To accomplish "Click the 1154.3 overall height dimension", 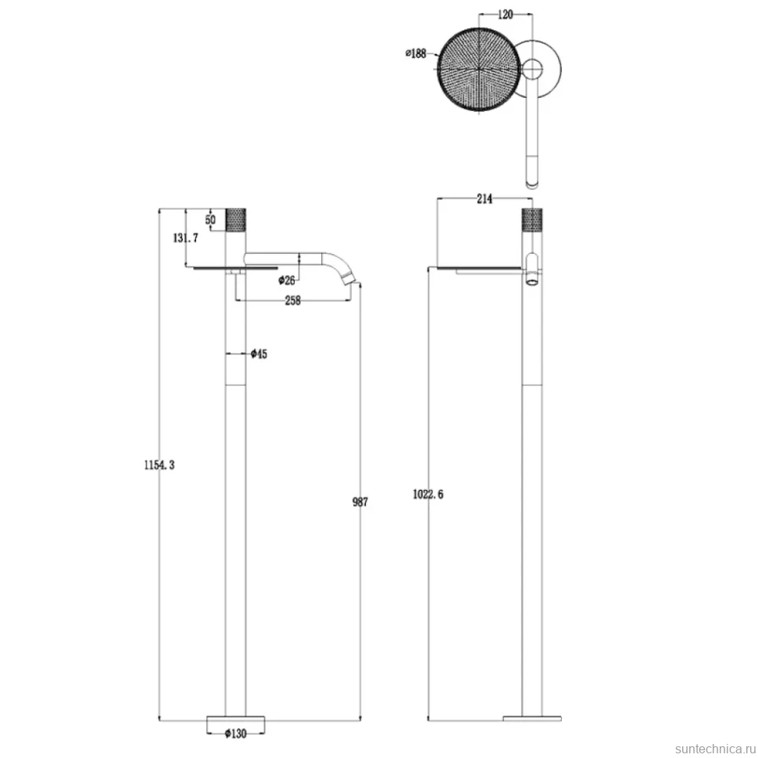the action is pyautogui.click(x=159, y=465).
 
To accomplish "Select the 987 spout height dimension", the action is pyautogui.click(x=360, y=502).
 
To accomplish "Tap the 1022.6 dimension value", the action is pyautogui.click(x=427, y=494).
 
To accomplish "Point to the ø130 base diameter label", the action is pyautogui.click(x=235, y=734).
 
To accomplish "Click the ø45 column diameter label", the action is pyautogui.click(x=259, y=354).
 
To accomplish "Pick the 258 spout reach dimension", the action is pyautogui.click(x=292, y=300).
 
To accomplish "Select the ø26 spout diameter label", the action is pyautogui.click(x=287, y=280).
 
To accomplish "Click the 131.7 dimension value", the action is pyautogui.click(x=186, y=238).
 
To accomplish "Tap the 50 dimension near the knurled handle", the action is pyautogui.click(x=210, y=220).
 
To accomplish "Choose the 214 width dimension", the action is pyautogui.click(x=484, y=198).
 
